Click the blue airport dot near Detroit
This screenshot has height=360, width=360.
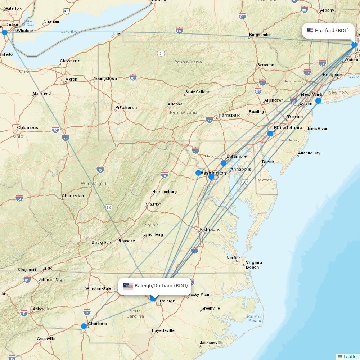[x=5, y=32]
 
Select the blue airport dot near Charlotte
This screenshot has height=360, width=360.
[x=84, y=326]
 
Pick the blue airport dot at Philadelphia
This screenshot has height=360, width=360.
[x=270, y=134]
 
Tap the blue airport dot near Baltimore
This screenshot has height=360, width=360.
[x=224, y=163]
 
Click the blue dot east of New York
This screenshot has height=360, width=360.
[x=318, y=101]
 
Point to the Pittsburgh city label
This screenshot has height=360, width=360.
[x=126, y=107]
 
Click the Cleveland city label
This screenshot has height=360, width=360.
[x=70, y=61]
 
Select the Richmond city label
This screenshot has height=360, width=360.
[x=210, y=229]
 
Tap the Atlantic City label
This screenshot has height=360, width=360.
[x=309, y=153]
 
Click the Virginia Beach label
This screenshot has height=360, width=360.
[x=254, y=265]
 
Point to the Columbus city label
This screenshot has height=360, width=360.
[x=27, y=127]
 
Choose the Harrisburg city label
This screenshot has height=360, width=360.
[x=229, y=115]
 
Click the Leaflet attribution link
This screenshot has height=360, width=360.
[x=350, y=356]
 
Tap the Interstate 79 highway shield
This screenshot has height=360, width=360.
[x=100, y=170]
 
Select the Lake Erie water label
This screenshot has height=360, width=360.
[x=69, y=32]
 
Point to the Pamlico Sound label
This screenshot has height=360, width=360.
[x=255, y=319]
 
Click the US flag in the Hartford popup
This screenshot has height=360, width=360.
[x=310, y=31]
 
